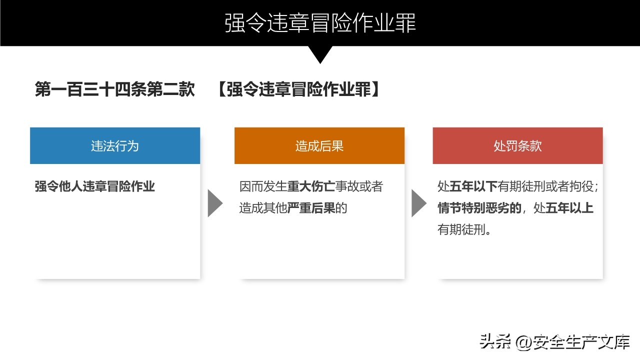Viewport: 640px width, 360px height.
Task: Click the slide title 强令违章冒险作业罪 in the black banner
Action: [x=320, y=23]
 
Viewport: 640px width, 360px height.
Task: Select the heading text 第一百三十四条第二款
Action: [x=115, y=89]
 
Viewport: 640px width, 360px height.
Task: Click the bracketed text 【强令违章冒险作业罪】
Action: [x=299, y=89]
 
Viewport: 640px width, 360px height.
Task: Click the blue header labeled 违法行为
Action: [x=115, y=145]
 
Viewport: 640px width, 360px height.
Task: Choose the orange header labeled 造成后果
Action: [x=319, y=145]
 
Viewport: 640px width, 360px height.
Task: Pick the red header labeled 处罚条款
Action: [x=517, y=145]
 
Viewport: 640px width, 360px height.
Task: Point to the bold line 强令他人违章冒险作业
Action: [x=95, y=186]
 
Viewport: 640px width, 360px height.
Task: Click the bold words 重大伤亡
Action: [x=311, y=186]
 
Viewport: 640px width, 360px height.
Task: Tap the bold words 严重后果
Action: [x=311, y=208]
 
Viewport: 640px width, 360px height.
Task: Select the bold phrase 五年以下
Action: [x=473, y=186]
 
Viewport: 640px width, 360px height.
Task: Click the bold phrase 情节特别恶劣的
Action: [x=479, y=208]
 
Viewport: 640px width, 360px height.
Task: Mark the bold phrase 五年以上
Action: [x=569, y=208]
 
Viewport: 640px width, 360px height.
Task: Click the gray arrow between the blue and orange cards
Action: [x=215, y=203]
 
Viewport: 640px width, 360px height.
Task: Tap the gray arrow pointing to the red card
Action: [x=419, y=203]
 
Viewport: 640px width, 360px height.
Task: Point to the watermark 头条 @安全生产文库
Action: [x=555, y=341]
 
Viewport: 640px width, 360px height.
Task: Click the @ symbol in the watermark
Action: [x=524, y=342]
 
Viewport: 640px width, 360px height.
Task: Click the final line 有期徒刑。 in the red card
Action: [x=464, y=229]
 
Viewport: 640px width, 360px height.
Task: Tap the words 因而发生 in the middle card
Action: [x=263, y=186]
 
